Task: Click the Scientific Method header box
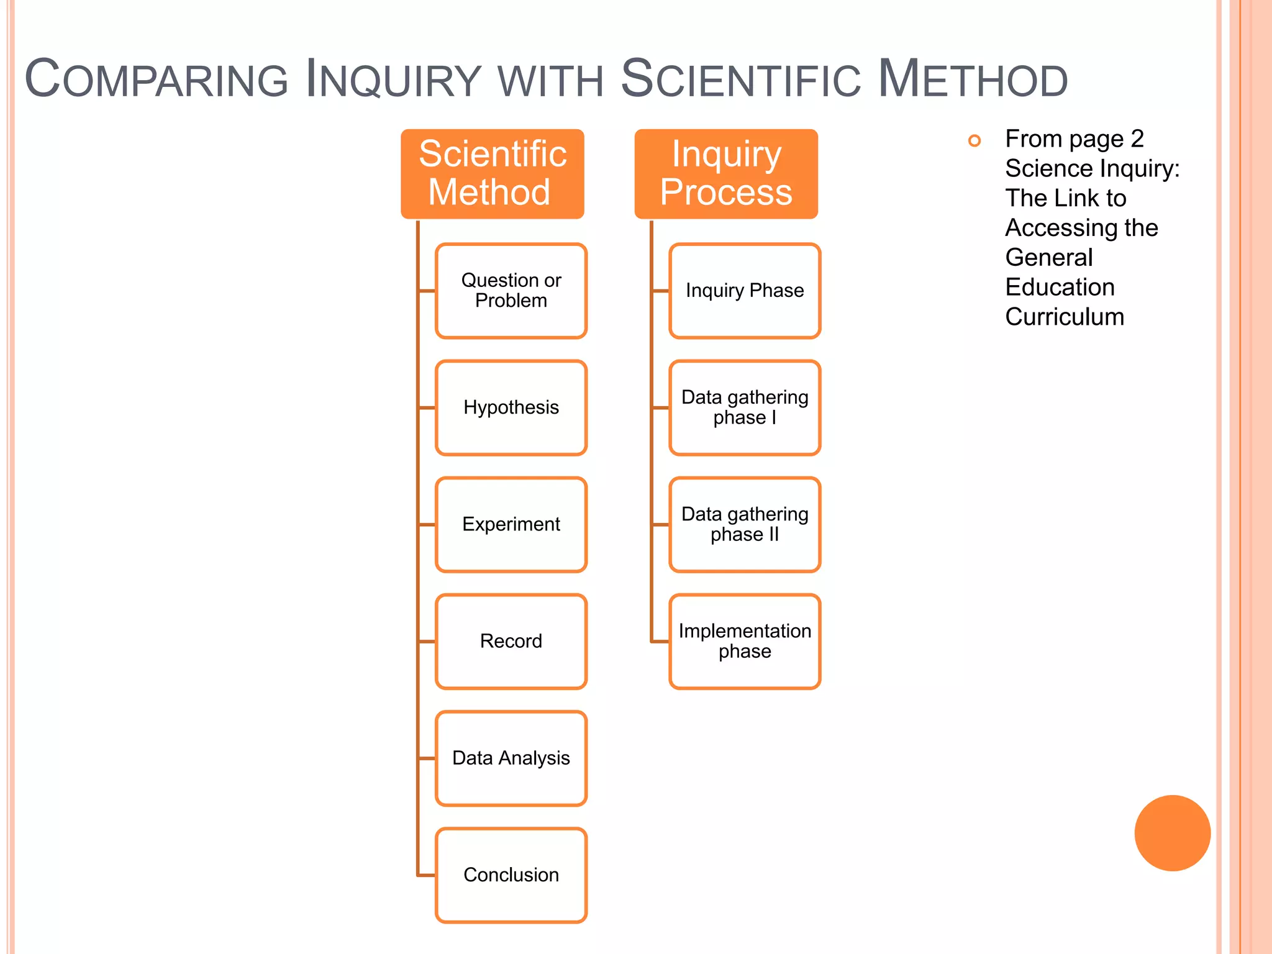click(x=492, y=173)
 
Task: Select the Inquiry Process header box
click(x=725, y=173)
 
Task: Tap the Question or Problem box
click(x=511, y=291)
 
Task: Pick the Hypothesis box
click(x=511, y=407)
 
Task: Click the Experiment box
click(x=511, y=524)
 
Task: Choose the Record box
click(x=511, y=641)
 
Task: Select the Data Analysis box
click(x=511, y=758)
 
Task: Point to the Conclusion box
click(x=511, y=874)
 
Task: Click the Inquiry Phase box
click(x=744, y=291)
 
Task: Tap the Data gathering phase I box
click(x=744, y=407)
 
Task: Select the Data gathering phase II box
click(x=744, y=524)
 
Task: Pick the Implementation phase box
click(x=744, y=641)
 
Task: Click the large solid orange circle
click(x=1172, y=833)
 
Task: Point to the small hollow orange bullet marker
click(x=974, y=141)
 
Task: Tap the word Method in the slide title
click(x=973, y=79)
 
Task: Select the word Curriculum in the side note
click(x=1065, y=317)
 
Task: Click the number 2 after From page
click(x=1137, y=139)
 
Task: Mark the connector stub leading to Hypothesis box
click(x=427, y=408)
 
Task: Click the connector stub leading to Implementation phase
click(x=660, y=641)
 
